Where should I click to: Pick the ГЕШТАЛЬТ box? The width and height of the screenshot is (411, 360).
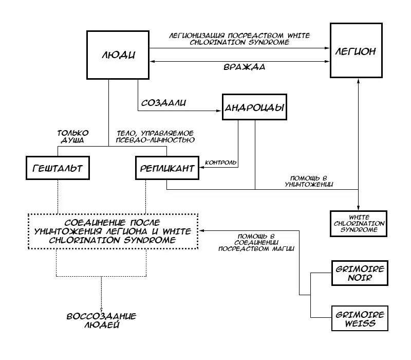coord(57,168)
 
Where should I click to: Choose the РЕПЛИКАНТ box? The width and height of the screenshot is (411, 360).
coord(167,168)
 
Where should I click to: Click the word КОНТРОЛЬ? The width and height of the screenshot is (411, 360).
coord(221,163)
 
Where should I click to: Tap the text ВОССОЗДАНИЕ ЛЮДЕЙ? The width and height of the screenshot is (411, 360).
coord(94,320)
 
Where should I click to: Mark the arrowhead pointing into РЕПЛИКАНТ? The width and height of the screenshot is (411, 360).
coord(202,167)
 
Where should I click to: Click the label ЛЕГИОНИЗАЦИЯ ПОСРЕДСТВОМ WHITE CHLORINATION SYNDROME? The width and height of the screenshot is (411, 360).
coord(240,39)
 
